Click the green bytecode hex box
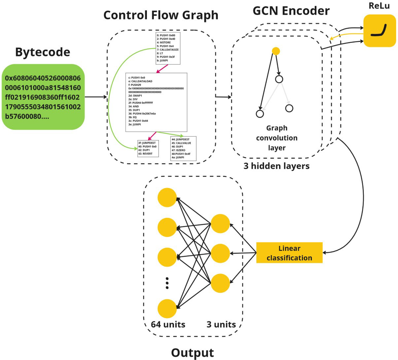[x=43, y=97]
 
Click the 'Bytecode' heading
[x=43, y=52]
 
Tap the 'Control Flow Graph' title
[x=161, y=15]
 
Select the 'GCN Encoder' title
[x=291, y=11]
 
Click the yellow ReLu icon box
[x=379, y=31]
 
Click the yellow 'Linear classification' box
[x=289, y=253]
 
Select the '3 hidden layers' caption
[x=276, y=166]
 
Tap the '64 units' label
[x=168, y=324]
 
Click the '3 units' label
[x=221, y=324]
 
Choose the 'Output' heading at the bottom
[x=192, y=352]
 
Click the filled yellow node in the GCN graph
[x=276, y=51]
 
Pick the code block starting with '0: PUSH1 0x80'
[x=168, y=48]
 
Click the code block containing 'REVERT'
[x=148, y=148]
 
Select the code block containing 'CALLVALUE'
[x=183, y=148]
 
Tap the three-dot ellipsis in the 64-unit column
[x=167, y=283]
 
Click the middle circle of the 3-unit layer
[x=220, y=253]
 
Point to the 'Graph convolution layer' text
[x=277, y=138]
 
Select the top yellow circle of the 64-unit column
[x=167, y=198]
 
